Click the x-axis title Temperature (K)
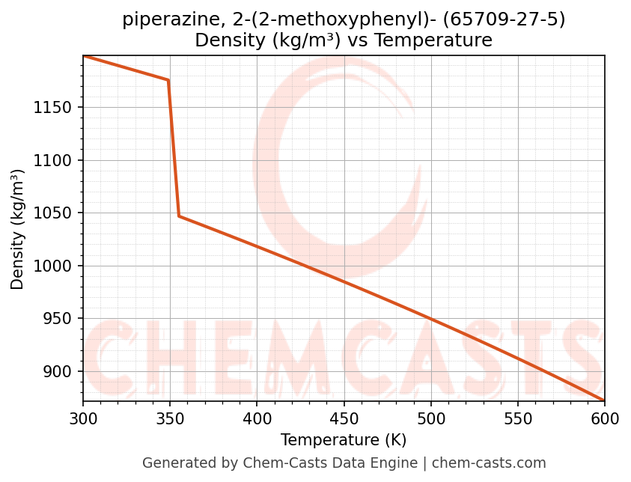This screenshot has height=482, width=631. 344,440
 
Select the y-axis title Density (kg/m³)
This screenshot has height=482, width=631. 18,229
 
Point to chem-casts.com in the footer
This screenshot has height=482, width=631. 489,463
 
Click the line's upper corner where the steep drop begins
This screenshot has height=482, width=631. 168,80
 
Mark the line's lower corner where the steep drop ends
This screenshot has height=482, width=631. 179,216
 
